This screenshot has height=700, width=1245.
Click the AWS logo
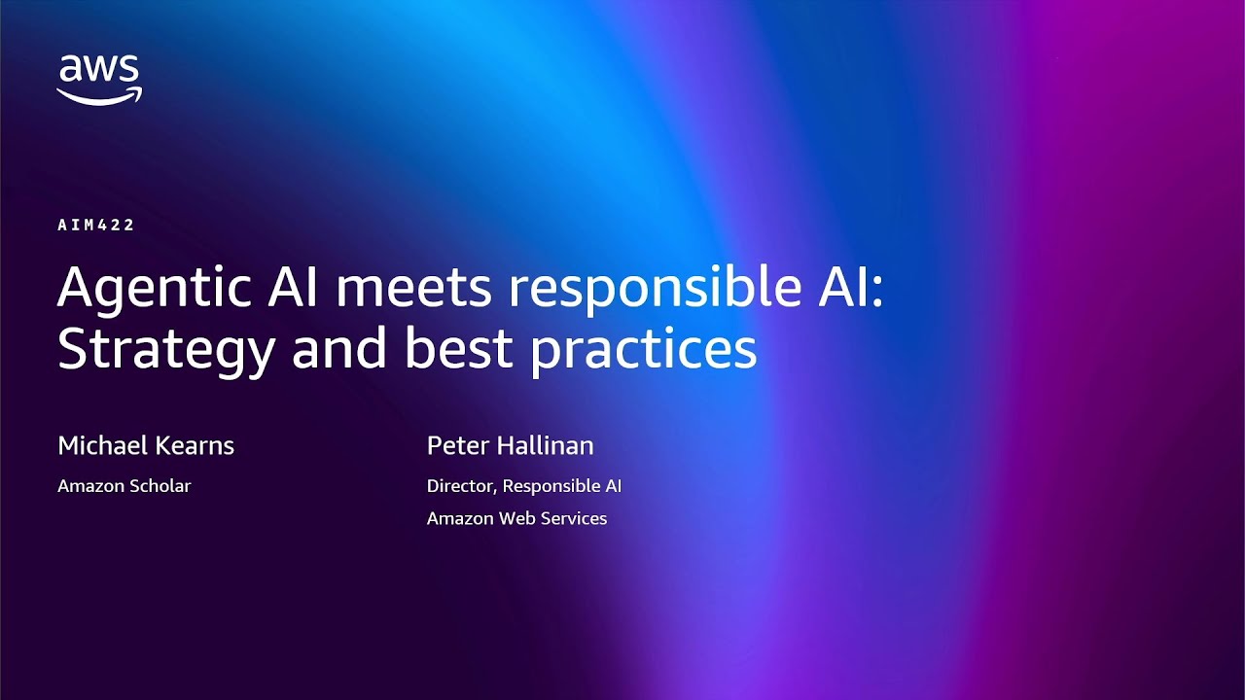click(x=98, y=79)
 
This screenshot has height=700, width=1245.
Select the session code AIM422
click(x=95, y=225)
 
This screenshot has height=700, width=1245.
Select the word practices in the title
click(x=643, y=350)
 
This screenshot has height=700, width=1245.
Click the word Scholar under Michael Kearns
click(x=160, y=486)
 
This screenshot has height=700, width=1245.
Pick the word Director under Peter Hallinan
click(x=462, y=486)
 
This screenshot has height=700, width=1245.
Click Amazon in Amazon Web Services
click(x=459, y=519)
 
